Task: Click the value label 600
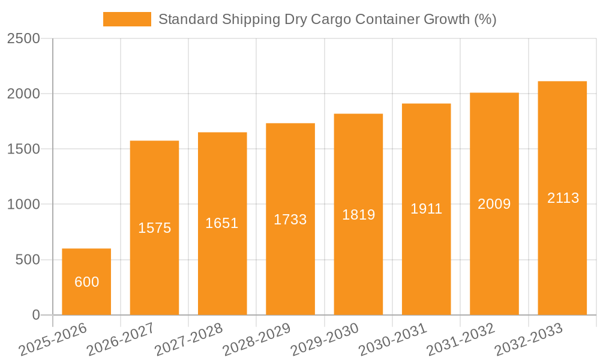click(86, 282)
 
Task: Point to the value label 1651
click(222, 223)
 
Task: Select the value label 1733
click(290, 220)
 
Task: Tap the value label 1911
click(426, 209)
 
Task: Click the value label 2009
click(494, 204)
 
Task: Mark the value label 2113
click(563, 198)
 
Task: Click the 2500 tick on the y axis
click(23, 38)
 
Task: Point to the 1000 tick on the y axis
click(23, 205)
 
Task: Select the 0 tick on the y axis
click(35, 315)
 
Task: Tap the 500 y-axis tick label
click(28, 260)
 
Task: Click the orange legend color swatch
click(127, 19)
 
